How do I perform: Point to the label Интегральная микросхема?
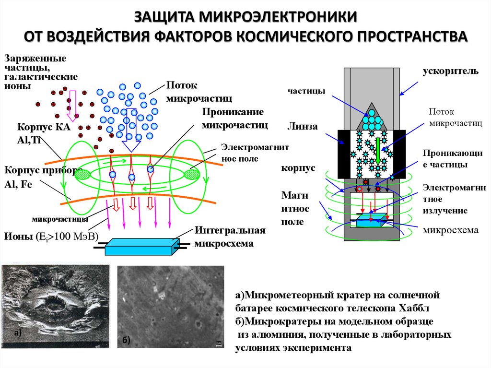point(230,237)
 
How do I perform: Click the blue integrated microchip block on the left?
point(140,247)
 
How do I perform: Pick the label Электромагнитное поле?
point(254,153)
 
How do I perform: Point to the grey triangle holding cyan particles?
point(372,117)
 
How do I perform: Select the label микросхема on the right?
point(450,230)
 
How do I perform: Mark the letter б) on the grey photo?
point(126,340)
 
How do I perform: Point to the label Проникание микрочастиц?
point(234,118)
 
